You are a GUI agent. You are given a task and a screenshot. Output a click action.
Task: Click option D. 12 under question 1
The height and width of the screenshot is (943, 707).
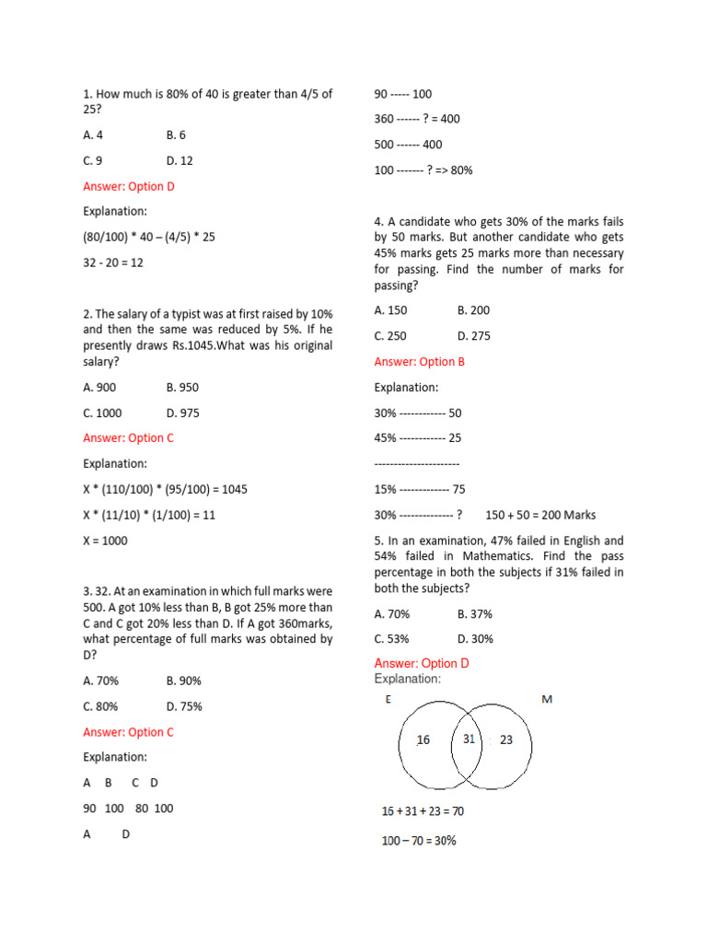click(180, 160)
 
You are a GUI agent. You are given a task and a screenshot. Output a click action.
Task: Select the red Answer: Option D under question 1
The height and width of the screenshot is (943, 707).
click(129, 186)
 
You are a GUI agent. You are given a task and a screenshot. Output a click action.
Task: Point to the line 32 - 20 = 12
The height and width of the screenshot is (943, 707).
click(113, 262)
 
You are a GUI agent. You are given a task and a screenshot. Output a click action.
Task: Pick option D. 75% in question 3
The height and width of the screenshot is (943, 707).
click(184, 706)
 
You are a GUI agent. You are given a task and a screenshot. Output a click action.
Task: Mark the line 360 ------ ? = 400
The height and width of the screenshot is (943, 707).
click(417, 119)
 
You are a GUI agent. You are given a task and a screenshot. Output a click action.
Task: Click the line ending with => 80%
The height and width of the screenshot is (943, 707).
click(423, 170)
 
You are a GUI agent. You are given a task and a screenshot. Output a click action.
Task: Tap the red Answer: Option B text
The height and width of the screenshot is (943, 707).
click(420, 362)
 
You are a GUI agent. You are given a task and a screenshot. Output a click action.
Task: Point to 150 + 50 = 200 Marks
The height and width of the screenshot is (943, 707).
click(540, 515)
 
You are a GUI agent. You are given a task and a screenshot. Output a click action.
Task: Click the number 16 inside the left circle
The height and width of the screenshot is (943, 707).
click(423, 739)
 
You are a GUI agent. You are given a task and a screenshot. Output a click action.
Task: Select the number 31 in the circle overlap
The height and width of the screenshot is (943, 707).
click(469, 739)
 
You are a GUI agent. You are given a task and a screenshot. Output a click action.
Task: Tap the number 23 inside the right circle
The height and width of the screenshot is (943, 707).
click(507, 739)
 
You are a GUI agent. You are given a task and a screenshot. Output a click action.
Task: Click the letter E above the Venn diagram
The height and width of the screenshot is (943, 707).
click(388, 700)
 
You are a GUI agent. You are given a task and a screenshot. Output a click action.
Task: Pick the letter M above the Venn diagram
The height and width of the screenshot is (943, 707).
click(547, 700)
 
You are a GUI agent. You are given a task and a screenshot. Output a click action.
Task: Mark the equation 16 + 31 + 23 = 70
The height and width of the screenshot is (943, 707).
click(423, 811)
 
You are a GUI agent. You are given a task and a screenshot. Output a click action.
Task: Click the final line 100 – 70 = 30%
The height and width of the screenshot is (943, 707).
click(419, 841)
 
